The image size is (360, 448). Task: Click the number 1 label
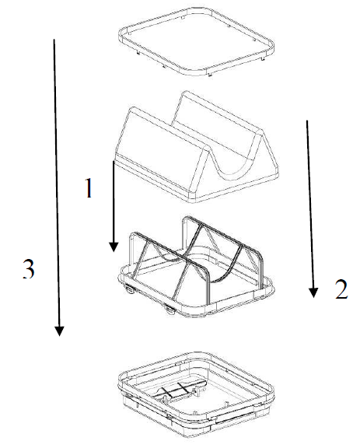[89, 187]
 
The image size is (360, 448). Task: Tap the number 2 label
[341, 289]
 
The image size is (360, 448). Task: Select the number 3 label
[29, 268]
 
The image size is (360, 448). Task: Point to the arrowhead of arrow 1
[114, 247]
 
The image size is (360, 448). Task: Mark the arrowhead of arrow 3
[59, 331]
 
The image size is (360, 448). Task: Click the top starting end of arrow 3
[54, 40]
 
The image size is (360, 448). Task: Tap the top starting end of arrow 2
[307, 121]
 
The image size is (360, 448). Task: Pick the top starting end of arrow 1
[114, 161]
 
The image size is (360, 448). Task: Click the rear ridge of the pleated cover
[223, 110]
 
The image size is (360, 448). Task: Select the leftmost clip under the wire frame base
[129, 289]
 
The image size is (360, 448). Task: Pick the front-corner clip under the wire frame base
[169, 310]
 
